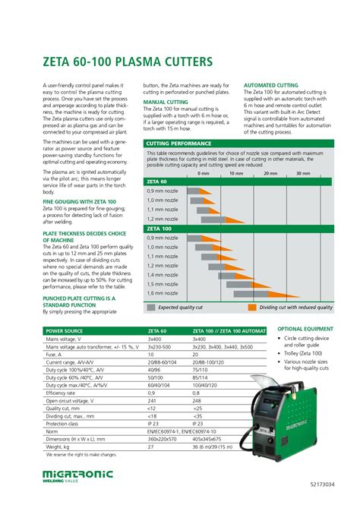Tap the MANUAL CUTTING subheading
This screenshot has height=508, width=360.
click(166, 101)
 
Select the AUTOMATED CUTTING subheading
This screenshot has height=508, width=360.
click(271, 85)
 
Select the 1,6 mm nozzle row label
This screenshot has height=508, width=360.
click(162, 292)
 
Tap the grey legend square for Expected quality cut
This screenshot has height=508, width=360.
click(152, 308)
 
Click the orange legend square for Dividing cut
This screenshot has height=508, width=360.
click(251, 308)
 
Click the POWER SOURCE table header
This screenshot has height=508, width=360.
click(67, 332)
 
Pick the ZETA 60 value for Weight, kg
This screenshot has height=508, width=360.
click(150, 447)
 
